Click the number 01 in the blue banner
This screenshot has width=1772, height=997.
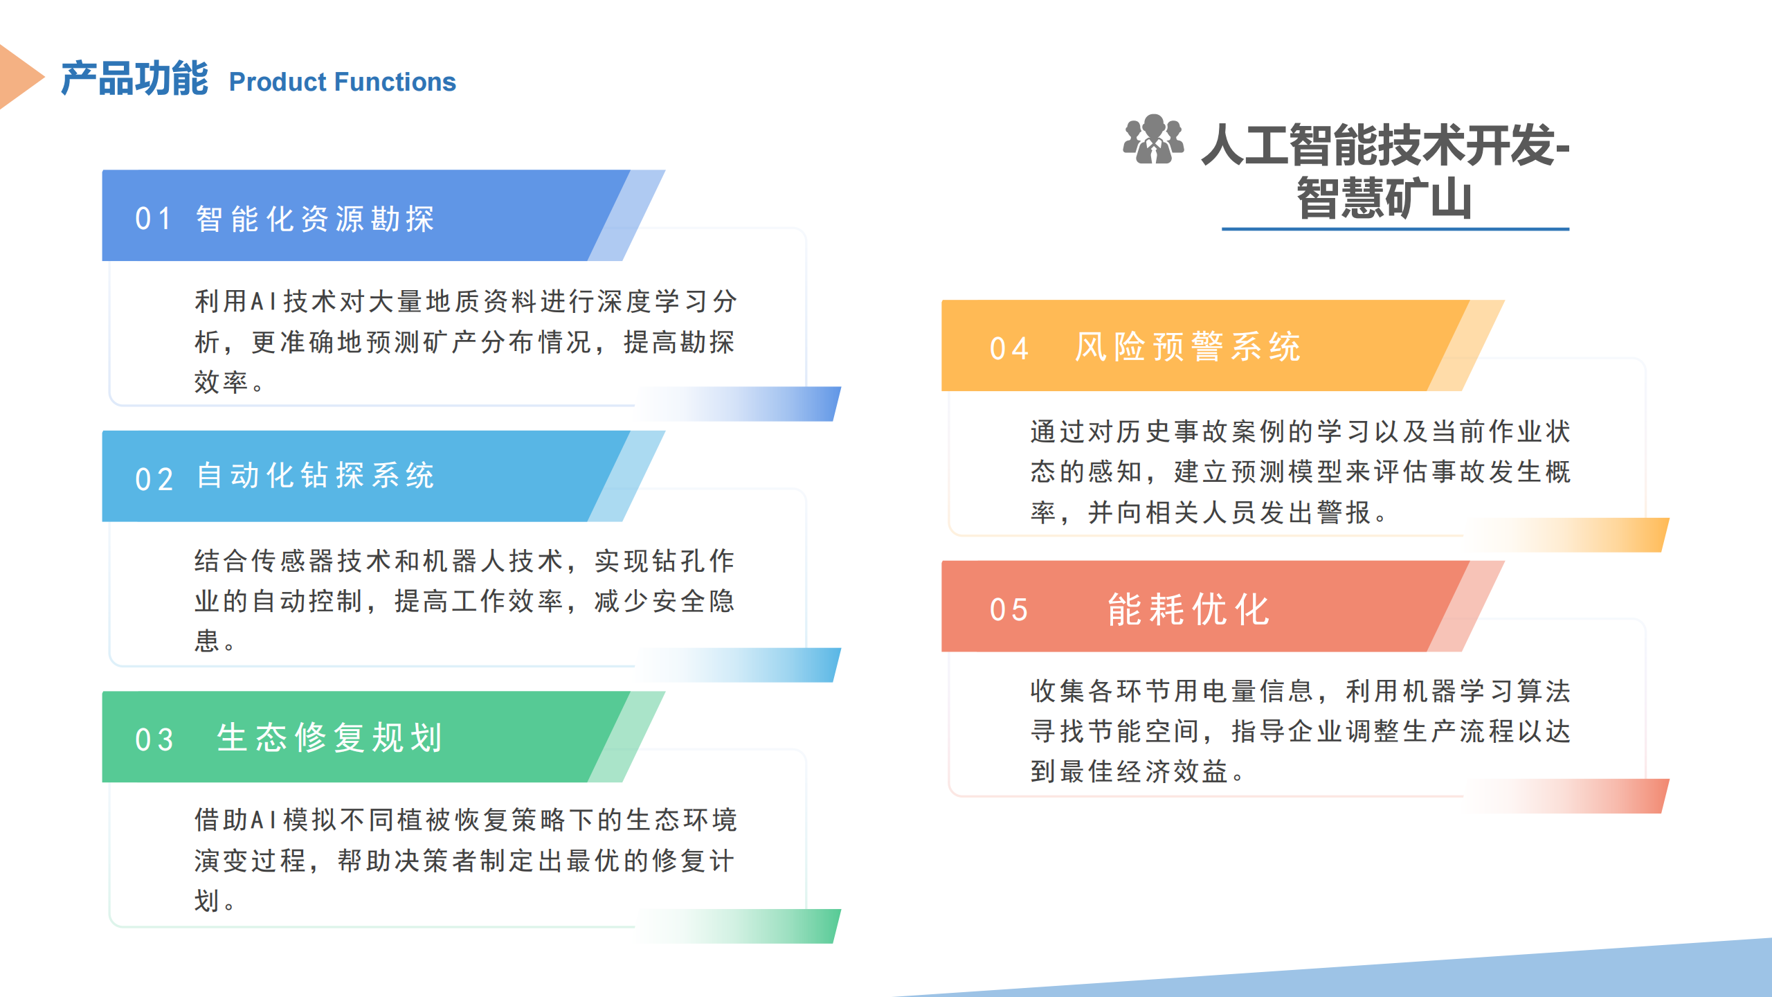tap(153, 219)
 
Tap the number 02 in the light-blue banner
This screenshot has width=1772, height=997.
tap(153, 479)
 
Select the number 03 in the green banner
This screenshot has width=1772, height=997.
tap(154, 739)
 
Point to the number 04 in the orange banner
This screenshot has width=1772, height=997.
tap(1009, 349)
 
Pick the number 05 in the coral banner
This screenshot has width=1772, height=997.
tap(1009, 610)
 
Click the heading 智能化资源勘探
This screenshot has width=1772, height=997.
tap(315, 219)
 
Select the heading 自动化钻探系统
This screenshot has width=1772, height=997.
tap(315, 476)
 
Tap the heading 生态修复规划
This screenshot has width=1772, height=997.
tap(329, 737)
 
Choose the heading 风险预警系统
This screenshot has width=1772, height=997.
tap(1188, 347)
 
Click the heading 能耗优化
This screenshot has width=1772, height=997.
tap(1188, 609)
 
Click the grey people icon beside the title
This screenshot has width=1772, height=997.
tap(1153, 139)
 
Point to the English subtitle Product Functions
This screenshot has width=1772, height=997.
tap(343, 82)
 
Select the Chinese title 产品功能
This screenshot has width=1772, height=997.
tap(134, 78)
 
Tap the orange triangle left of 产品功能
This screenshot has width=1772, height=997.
tap(21, 77)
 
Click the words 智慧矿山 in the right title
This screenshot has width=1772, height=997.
tap(1384, 199)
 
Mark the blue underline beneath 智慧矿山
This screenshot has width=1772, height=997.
tap(1395, 228)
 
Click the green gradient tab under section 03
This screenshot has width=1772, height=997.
tap(738, 926)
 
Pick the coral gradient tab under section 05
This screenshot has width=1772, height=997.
tap(1566, 796)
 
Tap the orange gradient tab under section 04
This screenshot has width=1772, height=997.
tap(1566, 535)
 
